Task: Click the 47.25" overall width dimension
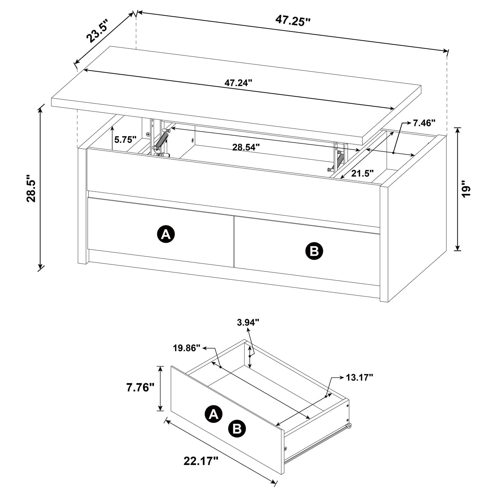point(293,21)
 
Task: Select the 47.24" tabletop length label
point(238,83)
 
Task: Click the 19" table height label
point(466,188)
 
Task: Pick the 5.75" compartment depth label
point(126,140)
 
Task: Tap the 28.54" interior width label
point(246,147)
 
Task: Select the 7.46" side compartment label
point(424,123)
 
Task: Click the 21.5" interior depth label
point(362,173)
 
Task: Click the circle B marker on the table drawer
point(314,251)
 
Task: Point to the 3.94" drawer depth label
point(248,322)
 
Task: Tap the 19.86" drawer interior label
point(187,348)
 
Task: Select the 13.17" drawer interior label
point(359,378)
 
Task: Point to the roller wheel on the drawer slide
point(349,426)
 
